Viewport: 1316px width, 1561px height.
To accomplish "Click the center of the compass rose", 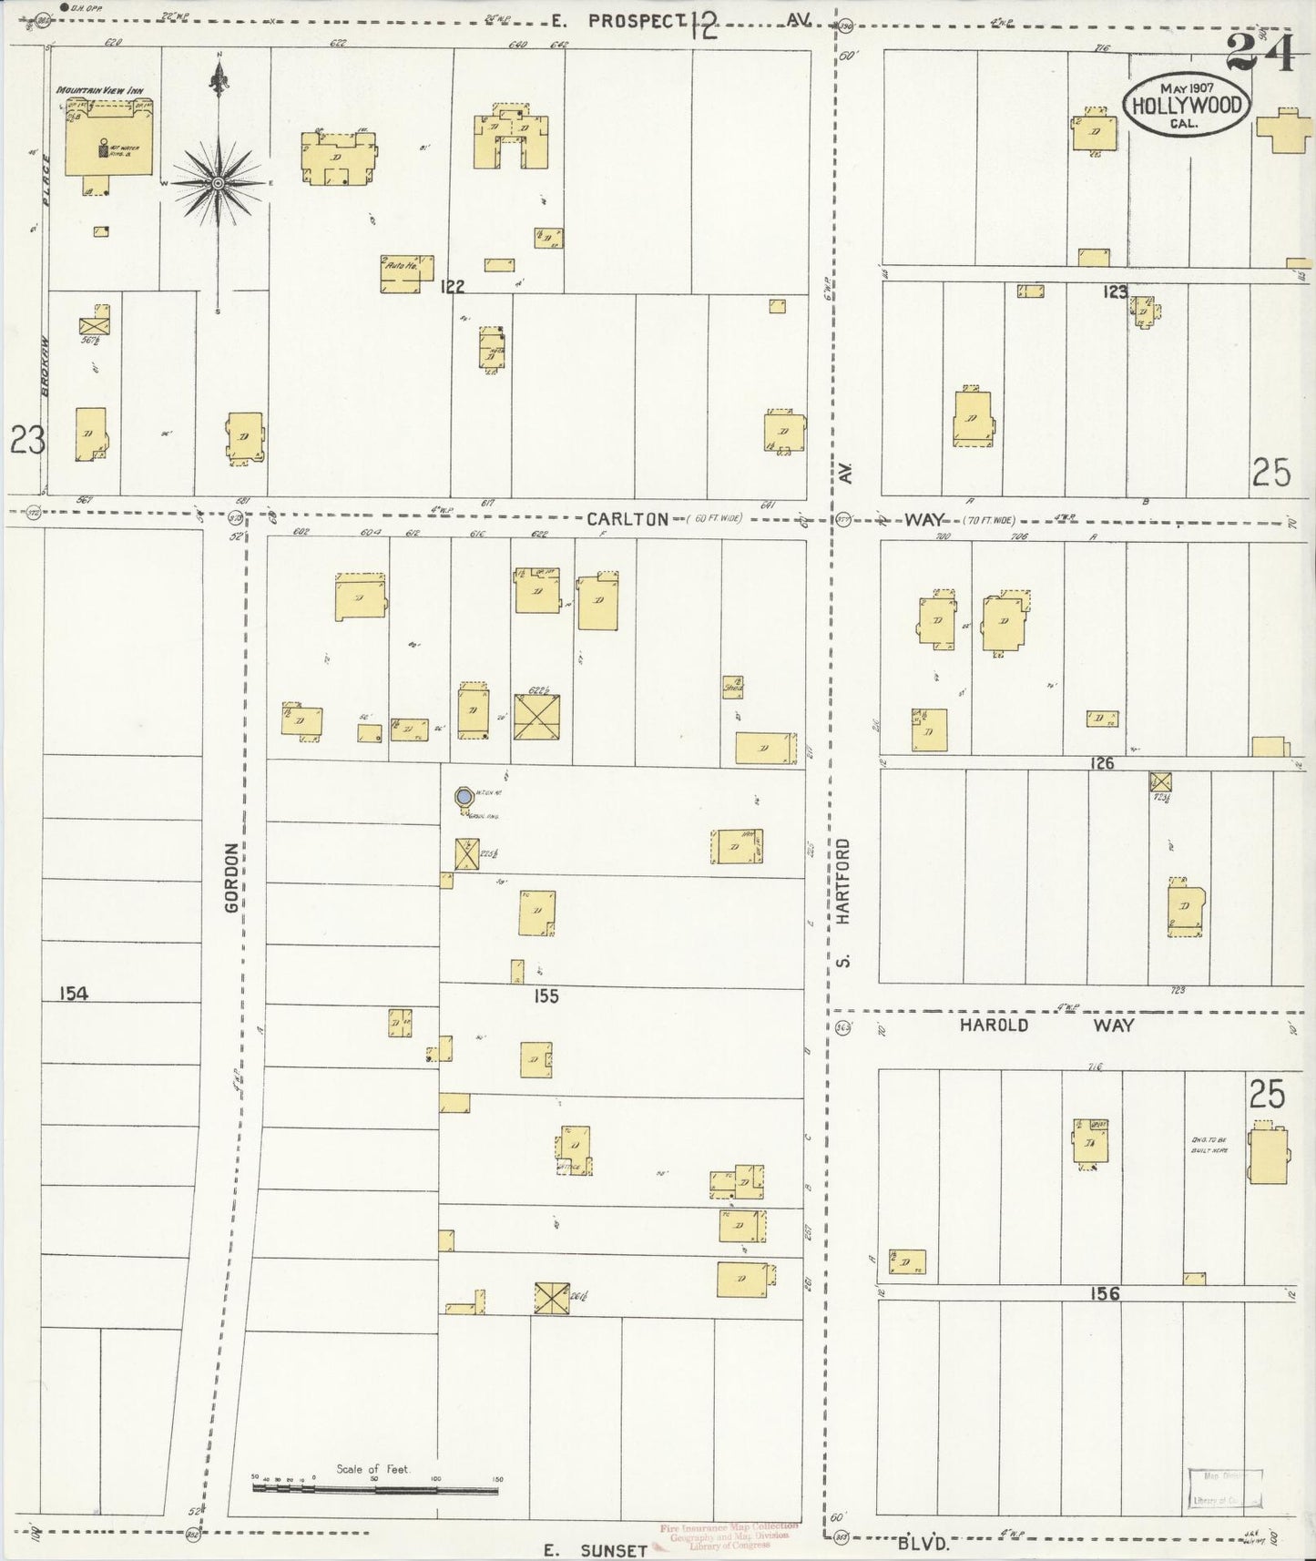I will pos(218,183).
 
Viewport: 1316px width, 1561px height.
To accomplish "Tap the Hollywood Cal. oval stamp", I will pos(1185,106).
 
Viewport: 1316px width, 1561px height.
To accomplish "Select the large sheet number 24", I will pos(1260,52).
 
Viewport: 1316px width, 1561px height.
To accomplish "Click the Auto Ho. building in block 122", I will pos(400,274).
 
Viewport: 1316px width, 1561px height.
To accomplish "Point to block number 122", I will pos(452,287).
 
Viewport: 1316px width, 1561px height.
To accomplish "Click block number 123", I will pos(1115,291).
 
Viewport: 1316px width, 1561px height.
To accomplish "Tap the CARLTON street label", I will pos(627,518).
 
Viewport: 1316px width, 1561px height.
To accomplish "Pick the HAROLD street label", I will pos(994,1025).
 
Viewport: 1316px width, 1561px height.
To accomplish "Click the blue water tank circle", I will pos(464,797).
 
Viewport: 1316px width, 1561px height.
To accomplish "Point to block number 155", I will pos(546,996).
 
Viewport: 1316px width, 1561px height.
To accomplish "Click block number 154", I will pos(74,994).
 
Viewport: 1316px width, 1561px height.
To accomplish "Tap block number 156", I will pos(1103,1293).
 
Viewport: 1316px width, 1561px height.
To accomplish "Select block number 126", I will pos(1102,763).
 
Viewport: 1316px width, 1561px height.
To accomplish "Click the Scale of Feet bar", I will pos(376,1489).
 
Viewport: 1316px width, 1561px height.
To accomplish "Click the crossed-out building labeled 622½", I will pos(537,717).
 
